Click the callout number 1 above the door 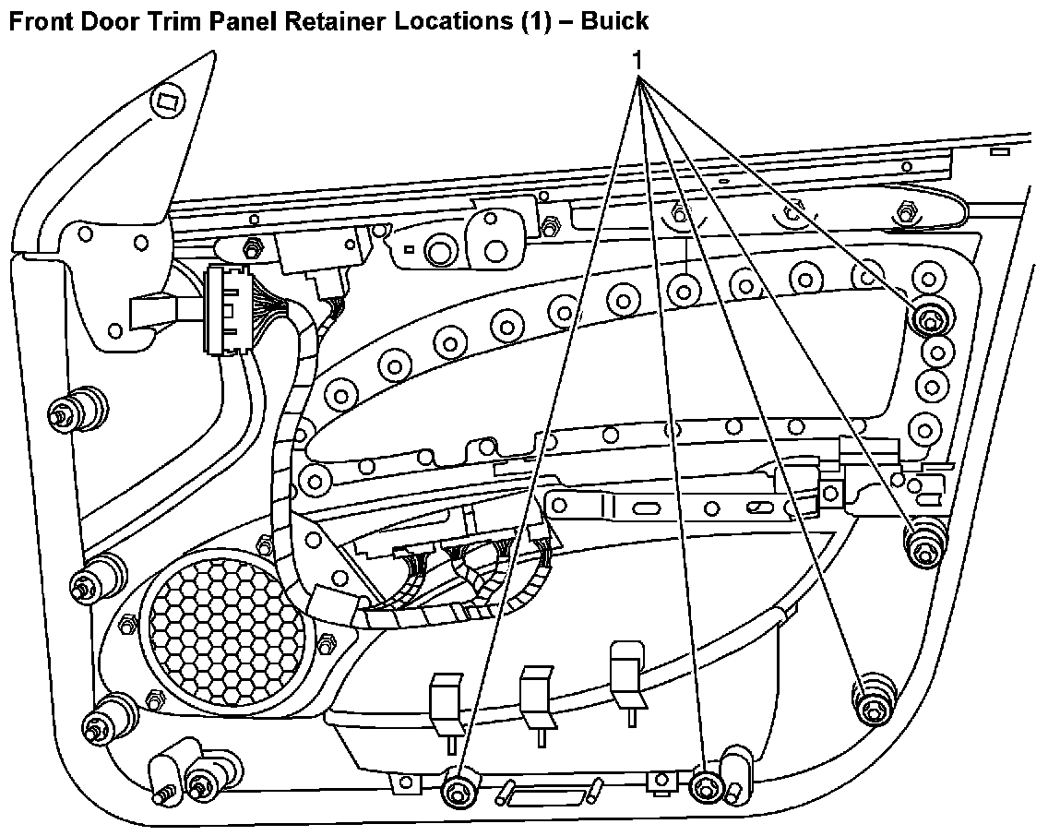(637, 58)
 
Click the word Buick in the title (615, 20)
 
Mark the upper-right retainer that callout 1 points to (928, 319)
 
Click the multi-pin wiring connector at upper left (225, 309)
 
